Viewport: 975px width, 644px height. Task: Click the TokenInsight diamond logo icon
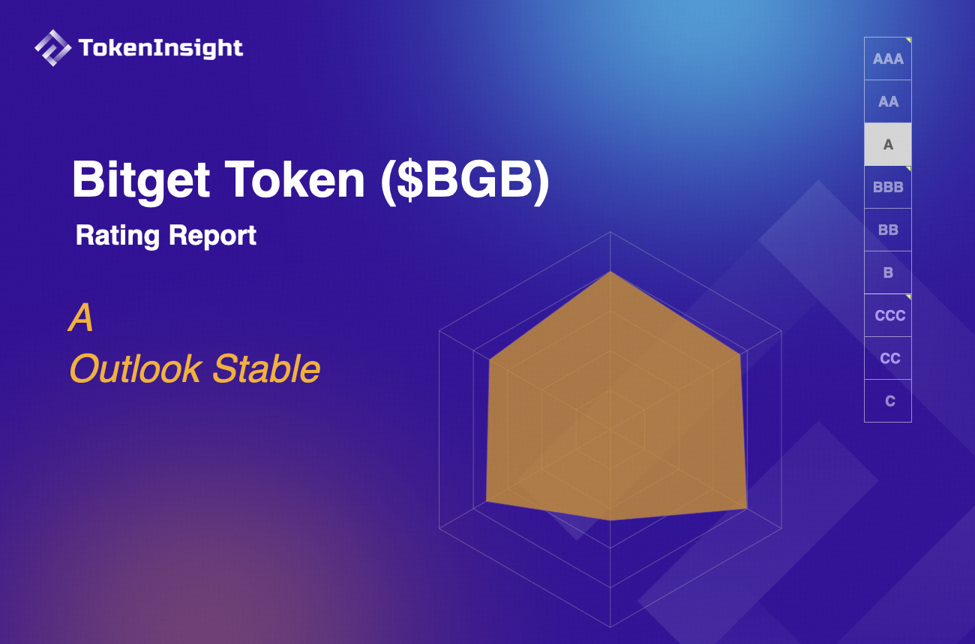(52, 48)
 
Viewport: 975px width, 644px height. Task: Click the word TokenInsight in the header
(160, 49)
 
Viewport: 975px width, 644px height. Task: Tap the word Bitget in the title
(139, 180)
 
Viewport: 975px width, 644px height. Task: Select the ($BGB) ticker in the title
(465, 180)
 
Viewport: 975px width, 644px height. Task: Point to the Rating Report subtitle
(166, 236)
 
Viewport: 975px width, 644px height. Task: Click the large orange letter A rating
(81, 318)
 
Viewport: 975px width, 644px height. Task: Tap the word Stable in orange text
(266, 369)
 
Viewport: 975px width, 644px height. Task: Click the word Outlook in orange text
(136, 369)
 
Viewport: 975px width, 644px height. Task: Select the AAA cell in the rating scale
(888, 59)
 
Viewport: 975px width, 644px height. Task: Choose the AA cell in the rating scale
(888, 101)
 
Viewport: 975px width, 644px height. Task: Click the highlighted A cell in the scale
(888, 144)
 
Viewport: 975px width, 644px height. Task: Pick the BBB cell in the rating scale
(888, 187)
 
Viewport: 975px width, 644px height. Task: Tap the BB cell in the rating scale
(888, 230)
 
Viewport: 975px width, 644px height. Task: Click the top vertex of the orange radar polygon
(610, 272)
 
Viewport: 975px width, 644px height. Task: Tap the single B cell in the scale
(888, 272)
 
